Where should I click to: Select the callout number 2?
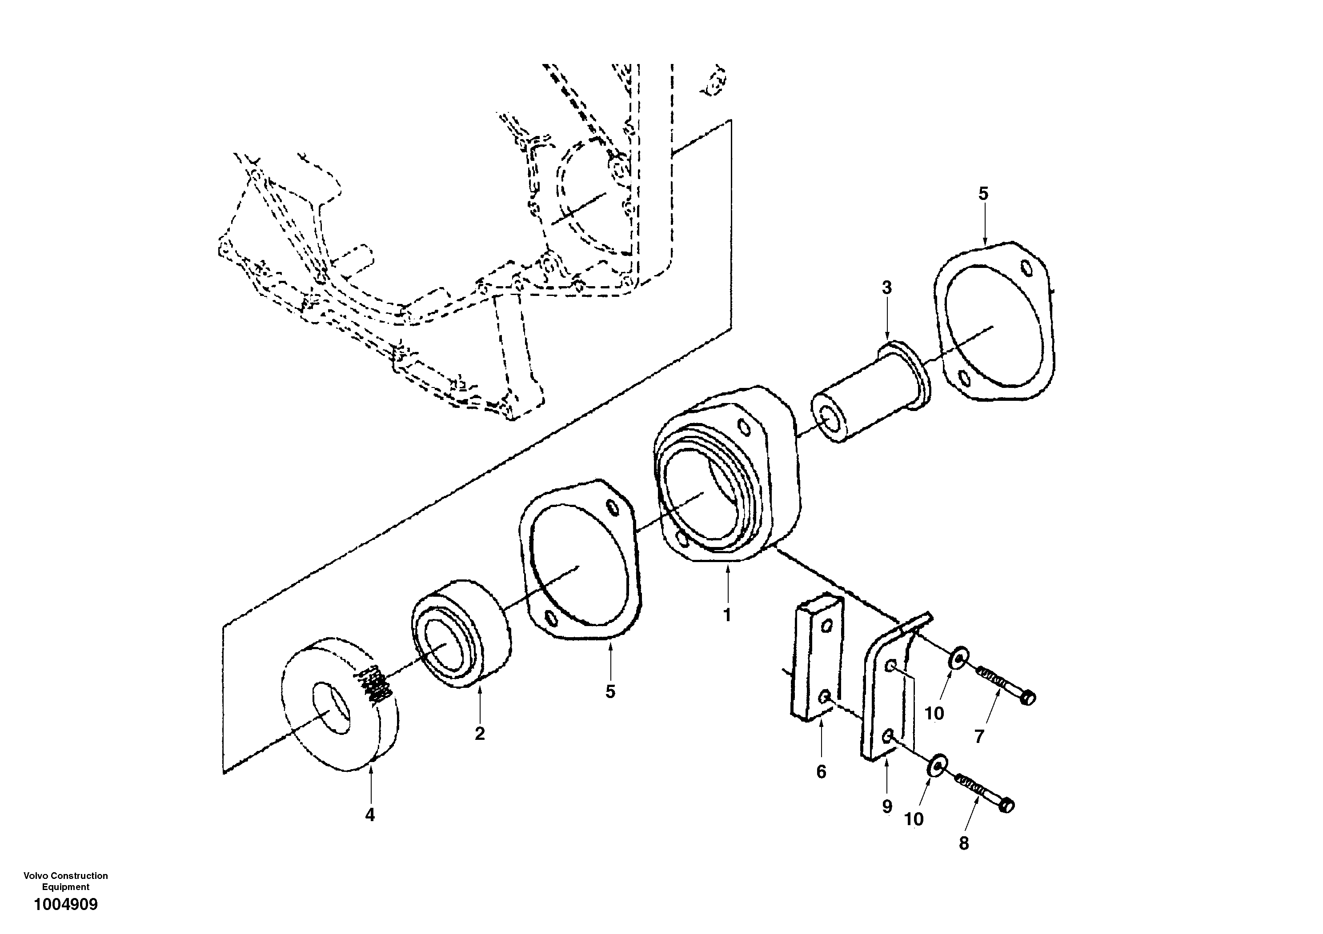479,734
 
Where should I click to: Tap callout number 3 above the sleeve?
887,288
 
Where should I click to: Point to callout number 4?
370,815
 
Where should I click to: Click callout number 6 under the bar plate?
821,772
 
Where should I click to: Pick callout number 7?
979,736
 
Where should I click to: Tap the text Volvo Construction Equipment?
66,881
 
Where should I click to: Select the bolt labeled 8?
982,792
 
